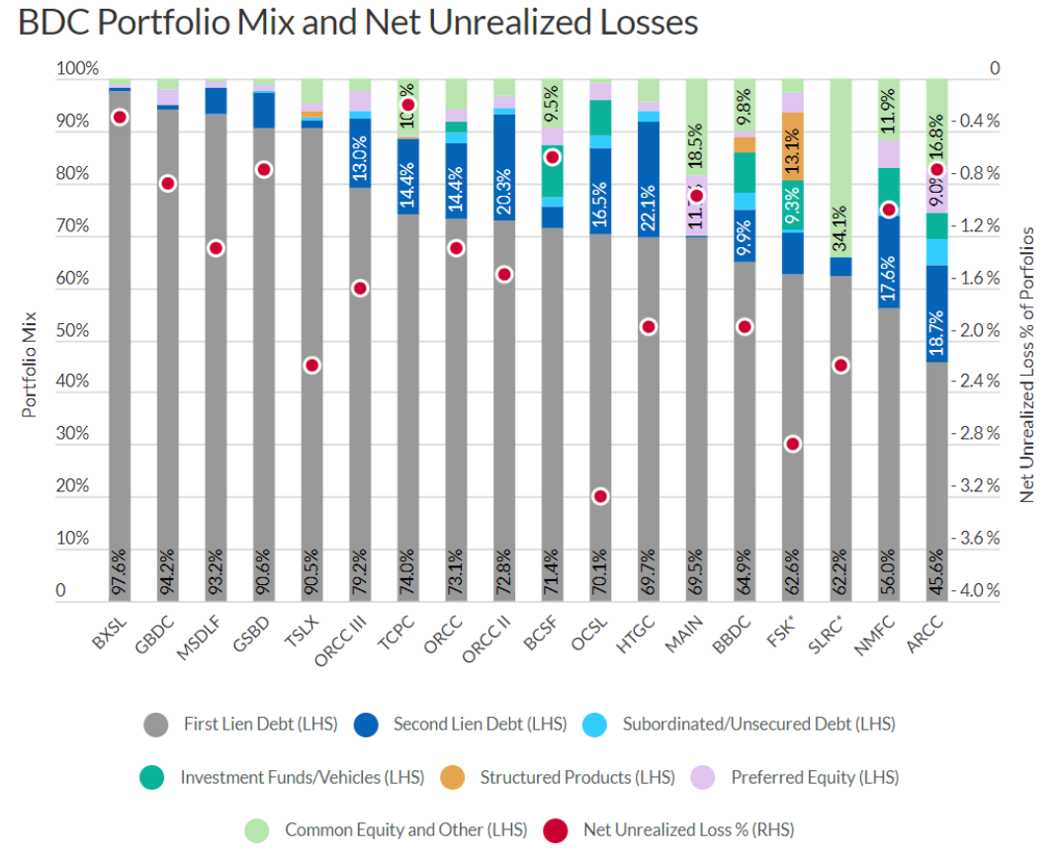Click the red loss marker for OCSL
[600, 496]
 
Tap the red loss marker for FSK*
[792, 444]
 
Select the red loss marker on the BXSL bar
[120, 117]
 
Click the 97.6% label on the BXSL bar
[120, 571]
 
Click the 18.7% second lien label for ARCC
[937, 331]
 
